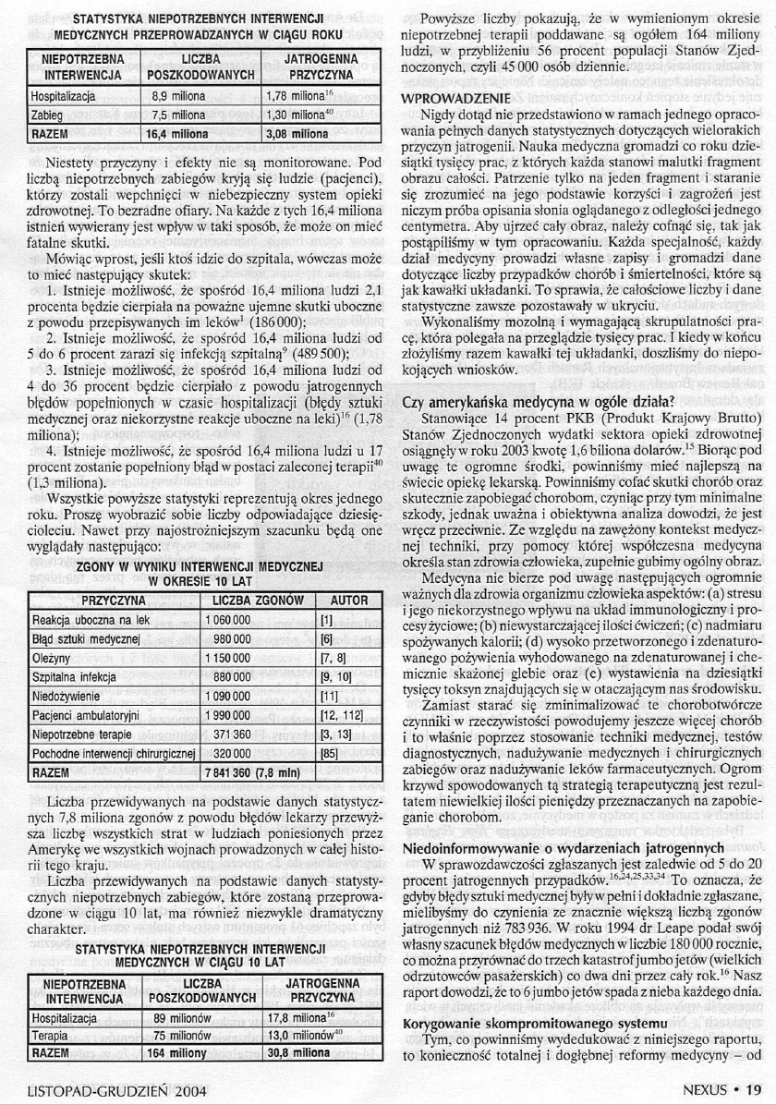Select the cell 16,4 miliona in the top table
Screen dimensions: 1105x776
[x=181, y=132]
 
